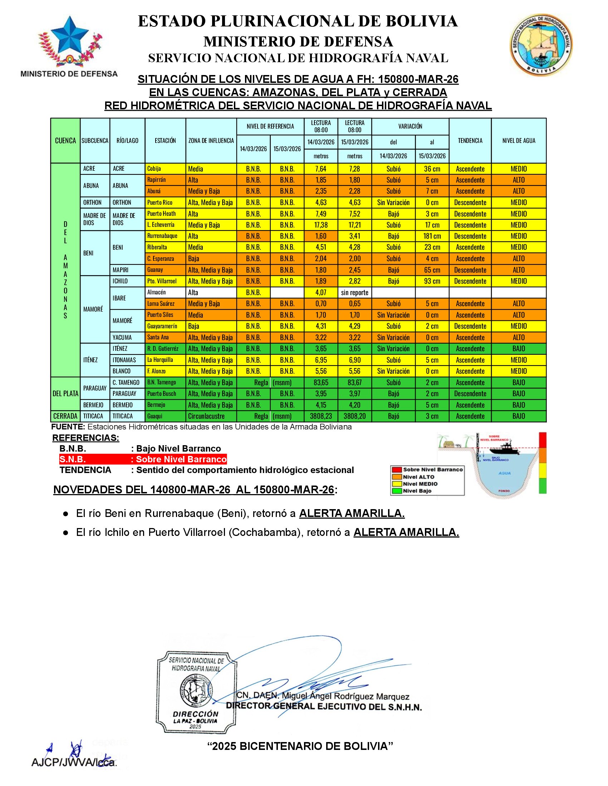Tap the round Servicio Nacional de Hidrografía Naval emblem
click(x=541, y=45)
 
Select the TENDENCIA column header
click(x=470, y=141)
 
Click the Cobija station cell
click(x=165, y=169)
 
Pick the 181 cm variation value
click(x=432, y=236)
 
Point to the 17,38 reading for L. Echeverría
click(x=321, y=225)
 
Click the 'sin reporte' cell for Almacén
click(x=354, y=292)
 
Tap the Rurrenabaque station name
click(x=162, y=236)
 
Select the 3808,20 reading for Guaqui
click(x=354, y=416)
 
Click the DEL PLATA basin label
click(x=65, y=393)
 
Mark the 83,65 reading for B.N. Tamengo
click(x=321, y=382)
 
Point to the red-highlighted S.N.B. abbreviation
click(x=73, y=459)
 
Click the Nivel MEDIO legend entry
click(x=420, y=484)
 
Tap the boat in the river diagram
click(x=504, y=449)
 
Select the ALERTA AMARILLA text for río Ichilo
click(x=406, y=532)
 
